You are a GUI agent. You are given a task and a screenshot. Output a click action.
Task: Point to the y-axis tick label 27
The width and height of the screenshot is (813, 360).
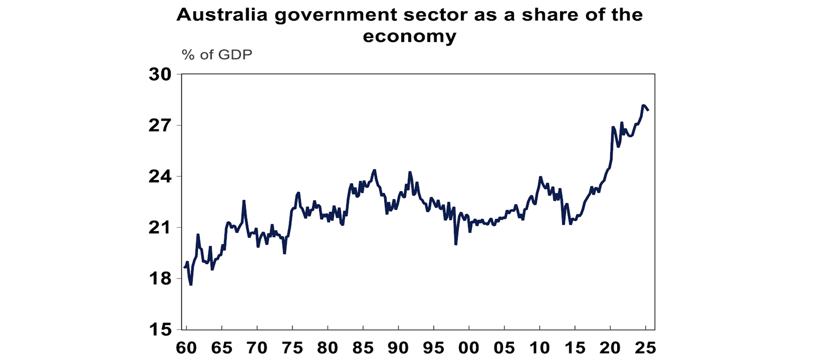click(161, 125)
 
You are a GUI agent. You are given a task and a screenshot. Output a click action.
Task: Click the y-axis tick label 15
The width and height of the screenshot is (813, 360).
click(161, 330)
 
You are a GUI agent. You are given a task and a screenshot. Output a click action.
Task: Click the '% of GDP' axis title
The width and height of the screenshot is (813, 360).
click(217, 55)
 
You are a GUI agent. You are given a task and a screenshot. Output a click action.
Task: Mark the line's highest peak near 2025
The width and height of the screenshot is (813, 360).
click(643, 105)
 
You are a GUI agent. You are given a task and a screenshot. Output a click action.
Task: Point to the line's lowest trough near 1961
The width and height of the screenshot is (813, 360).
click(191, 285)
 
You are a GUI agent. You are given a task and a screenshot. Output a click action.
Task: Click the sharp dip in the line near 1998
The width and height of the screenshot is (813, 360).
click(456, 244)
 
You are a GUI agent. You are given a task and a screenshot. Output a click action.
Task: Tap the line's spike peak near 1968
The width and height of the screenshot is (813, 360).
click(243, 201)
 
